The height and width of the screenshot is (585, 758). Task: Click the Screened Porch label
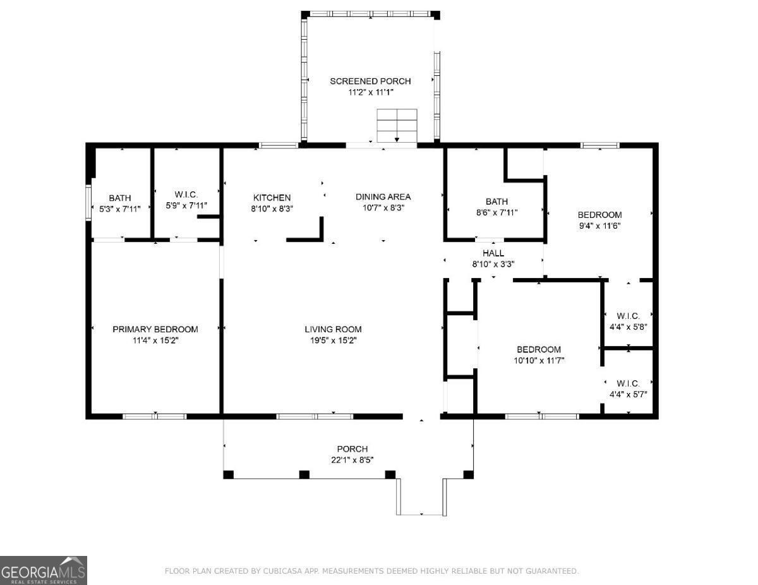(x=370, y=81)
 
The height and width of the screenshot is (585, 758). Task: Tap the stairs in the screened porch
(x=397, y=126)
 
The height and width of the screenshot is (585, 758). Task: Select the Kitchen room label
(x=272, y=198)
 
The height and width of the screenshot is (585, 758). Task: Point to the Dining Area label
(x=383, y=196)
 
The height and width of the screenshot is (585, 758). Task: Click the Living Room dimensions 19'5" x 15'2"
(x=333, y=340)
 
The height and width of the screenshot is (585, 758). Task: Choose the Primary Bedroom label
(x=155, y=329)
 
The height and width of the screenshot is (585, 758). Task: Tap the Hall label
(x=493, y=253)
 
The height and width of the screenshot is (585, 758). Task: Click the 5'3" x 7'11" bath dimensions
(x=120, y=209)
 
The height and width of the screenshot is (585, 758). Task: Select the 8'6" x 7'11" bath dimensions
(x=496, y=212)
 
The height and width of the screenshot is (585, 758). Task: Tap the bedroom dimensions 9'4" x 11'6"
(x=599, y=226)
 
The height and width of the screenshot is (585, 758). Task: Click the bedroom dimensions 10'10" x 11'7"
(x=539, y=360)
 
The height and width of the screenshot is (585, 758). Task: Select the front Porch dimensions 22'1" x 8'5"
(x=352, y=460)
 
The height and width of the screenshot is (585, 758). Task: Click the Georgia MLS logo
(x=43, y=570)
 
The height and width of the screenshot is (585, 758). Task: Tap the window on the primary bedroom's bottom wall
(x=155, y=416)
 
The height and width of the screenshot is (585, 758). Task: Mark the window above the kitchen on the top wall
(x=279, y=145)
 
